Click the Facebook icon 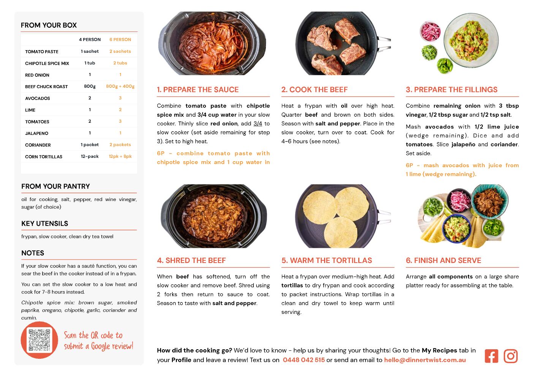[491, 356]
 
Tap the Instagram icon [511, 356]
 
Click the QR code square [40, 340]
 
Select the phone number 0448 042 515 [304, 360]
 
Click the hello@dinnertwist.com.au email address [425, 360]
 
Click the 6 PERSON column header [120, 40]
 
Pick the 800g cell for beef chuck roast [90, 86]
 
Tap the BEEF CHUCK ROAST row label [46, 87]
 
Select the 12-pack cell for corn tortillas [90, 156]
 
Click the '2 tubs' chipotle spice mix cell [120, 63]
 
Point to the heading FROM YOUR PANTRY [56, 186]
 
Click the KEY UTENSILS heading [45, 223]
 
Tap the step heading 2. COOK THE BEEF [314, 89]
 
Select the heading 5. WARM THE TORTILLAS [326, 260]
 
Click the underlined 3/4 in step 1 [258, 124]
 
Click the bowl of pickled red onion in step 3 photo [430, 31]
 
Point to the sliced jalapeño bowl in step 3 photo [445, 65]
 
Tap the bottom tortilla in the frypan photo [340, 233]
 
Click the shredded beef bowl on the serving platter [490, 201]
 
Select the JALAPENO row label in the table [36, 133]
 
